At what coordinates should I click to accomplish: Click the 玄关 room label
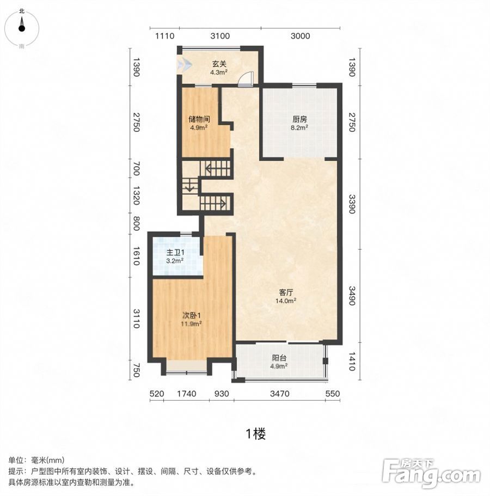click(x=219, y=64)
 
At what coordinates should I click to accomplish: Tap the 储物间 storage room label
click(x=199, y=119)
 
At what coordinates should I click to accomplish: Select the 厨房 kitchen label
click(x=299, y=119)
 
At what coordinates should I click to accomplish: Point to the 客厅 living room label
click(x=286, y=292)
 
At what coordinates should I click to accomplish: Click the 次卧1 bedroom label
click(x=192, y=315)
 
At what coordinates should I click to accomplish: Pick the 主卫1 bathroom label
click(x=175, y=253)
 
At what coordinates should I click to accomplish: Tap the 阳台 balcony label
click(x=279, y=358)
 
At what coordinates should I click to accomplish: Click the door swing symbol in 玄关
click(x=246, y=79)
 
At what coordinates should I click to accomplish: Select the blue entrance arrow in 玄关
click(x=185, y=65)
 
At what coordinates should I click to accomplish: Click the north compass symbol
click(x=22, y=28)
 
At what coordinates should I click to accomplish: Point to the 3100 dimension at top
click(x=220, y=36)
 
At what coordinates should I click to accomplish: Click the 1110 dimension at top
click(x=164, y=36)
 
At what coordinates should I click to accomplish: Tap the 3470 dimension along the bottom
click(x=280, y=394)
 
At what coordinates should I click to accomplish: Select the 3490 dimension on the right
click(x=352, y=296)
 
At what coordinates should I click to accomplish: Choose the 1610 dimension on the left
click(x=136, y=255)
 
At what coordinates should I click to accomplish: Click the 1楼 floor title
click(x=255, y=434)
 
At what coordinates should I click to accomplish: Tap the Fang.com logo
click(x=432, y=473)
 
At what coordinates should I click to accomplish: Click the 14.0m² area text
click(x=286, y=301)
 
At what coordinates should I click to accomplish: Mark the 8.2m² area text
click(x=299, y=127)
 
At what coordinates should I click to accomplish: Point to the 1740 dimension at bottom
click(x=187, y=394)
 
